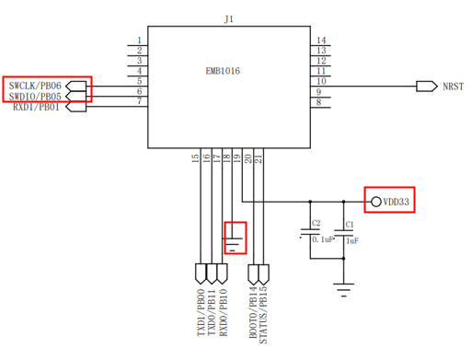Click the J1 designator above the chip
[x=229, y=19]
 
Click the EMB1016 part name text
[x=223, y=71]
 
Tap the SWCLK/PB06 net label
[x=35, y=86]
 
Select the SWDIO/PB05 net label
[x=35, y=97]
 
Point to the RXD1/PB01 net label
[x=36, y=107]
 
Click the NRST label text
[x=453, y=87]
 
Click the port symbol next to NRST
[x=427, y=87]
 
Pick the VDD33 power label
[x=396, y=202]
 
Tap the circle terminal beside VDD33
[x=376, y=202]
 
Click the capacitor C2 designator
[x=316, y=223]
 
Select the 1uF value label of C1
[x=352, y=241]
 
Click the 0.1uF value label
[x=322, y=239]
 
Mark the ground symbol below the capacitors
[x=343, y=290]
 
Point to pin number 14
[x=321, y=41]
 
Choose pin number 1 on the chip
[x=139, y=41]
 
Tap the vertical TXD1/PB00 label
[x=201, y=312]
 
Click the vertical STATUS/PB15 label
[x=263, y=315]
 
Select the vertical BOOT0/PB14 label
[x=253, y=312]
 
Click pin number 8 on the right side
[x=318, y=102]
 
